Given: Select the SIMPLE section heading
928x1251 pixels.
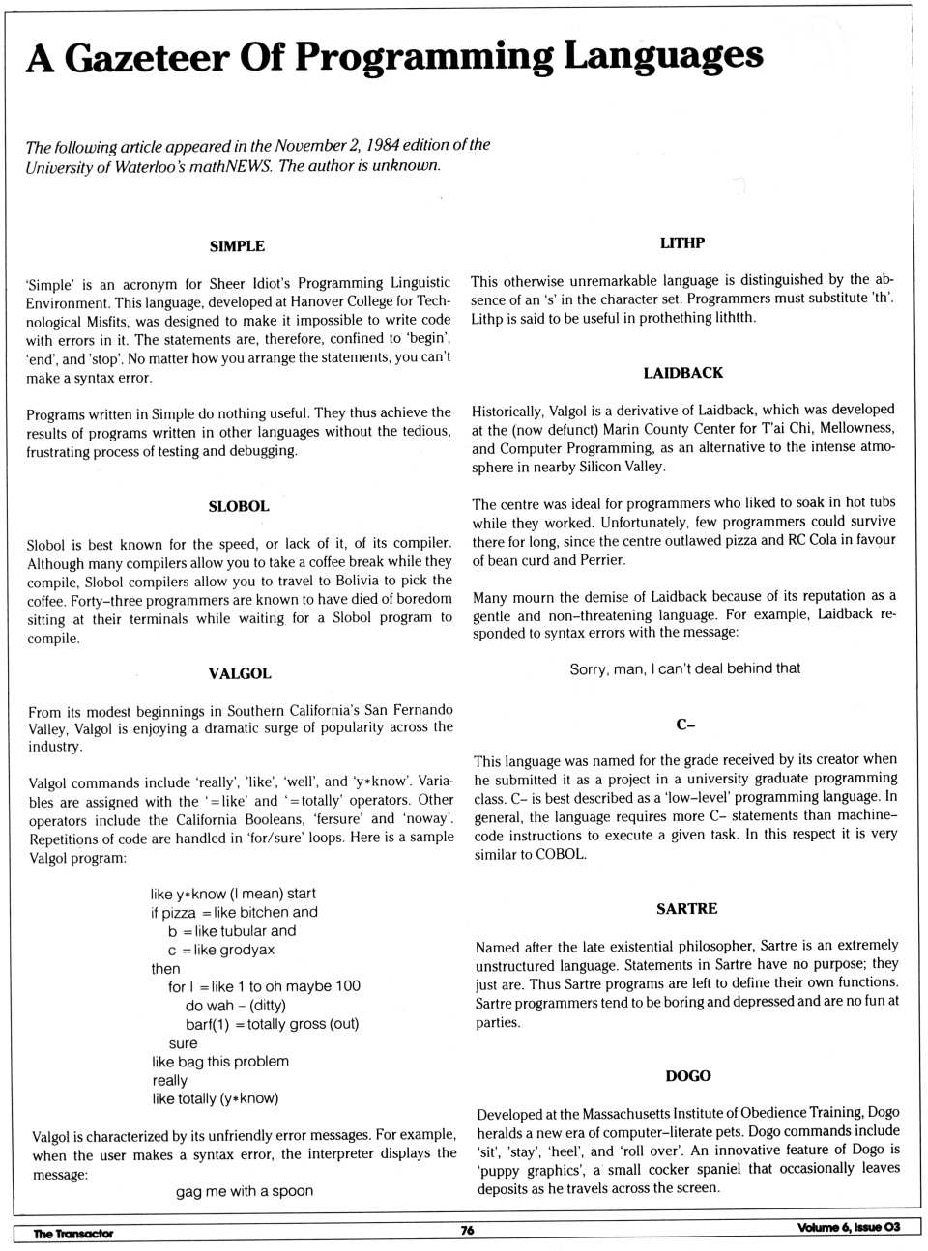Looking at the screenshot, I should pyautogui.click(x=237, y=246).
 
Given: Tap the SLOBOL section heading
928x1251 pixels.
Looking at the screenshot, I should pyautogui.click(x=239, y=506).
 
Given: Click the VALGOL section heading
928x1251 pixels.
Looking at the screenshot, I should pyautogui.click(x=240, y=673).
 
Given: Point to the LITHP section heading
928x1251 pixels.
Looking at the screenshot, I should pyautogui.click(x=682, y=243).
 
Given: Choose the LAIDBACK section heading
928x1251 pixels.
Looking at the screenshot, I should pyautogui.click(x=683, y=373).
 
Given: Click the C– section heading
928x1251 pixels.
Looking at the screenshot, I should pyautogui.click(x=685, y=725).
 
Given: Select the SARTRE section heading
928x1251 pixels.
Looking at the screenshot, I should pyautogui.click(x=686, y=909).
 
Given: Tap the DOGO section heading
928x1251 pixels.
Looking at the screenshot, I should pyautogui.click(x=687, y=1076).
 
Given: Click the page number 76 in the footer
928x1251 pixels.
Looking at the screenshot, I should pyautogui.click(x=467, y=1231).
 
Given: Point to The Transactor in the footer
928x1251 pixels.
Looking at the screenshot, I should pyautogui.click(x=72, y=1234).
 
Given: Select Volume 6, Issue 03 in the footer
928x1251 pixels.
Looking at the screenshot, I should pyautogui.click(x=849, y=1227).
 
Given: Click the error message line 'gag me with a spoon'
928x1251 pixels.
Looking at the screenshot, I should pyautogui.click(x=245, y=1191).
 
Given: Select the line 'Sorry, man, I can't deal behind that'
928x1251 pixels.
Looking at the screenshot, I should pyautogui.click(x=684, y=668).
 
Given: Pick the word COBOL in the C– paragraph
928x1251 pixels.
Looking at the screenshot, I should pyautogui.click(x=562, y=854).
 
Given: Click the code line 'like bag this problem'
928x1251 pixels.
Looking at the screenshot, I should pyautogui.click(x=220, y=1062).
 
